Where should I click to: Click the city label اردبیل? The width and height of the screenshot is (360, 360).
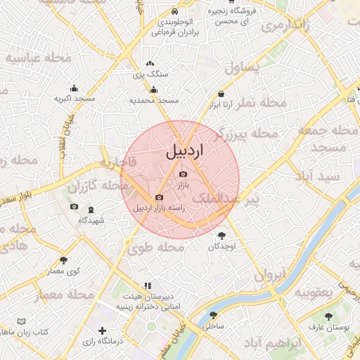click(x=186, y=151)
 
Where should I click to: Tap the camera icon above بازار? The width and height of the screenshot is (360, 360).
click(x=184, y=174)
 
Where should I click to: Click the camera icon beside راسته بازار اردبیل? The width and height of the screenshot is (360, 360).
click(x=159, y=198)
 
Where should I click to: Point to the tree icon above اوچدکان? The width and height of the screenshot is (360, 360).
click(x=223, y=236)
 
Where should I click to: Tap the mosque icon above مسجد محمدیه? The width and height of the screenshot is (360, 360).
click(x=153, y=89)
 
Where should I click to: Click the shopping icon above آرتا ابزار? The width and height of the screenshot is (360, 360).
click(x=221, y=94)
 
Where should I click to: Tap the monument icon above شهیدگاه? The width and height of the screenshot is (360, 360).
click(x=91, y=210)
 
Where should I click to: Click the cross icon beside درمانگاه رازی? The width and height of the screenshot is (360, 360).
click(x=103, y=330)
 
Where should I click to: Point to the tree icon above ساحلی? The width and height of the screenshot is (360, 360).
click(x=213, y=315)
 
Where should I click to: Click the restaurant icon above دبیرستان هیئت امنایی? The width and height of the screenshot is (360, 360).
click(x=147, y=285)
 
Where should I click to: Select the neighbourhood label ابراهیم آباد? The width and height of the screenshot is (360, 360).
click(x=274, y=344)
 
